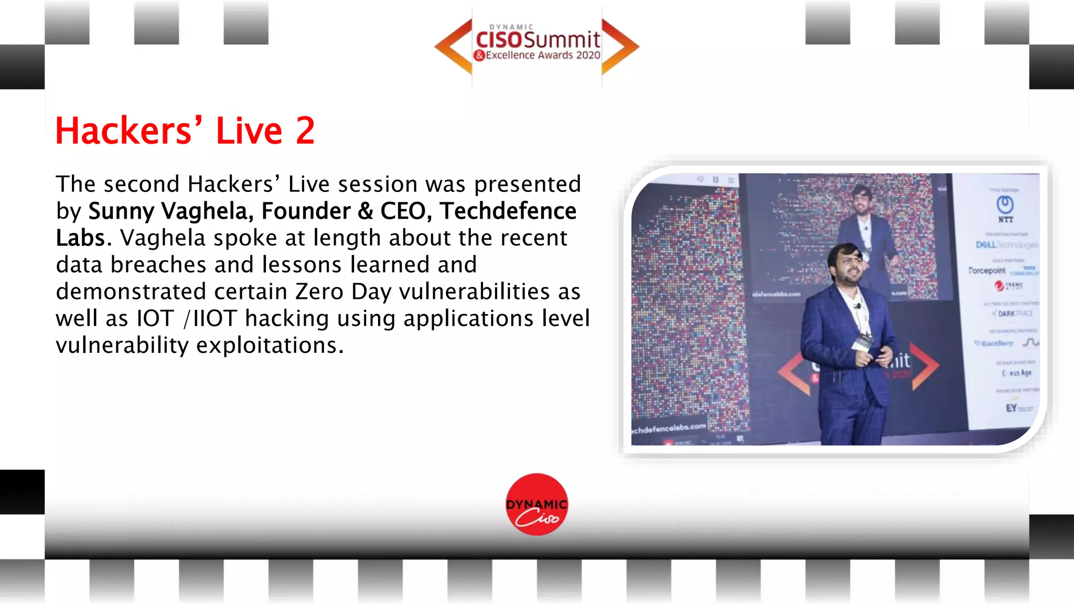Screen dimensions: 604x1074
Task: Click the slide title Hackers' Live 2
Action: [x=185, y=131]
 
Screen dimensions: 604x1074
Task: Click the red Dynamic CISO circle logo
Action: [x=536, y=504]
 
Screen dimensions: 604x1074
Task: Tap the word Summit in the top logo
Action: [x=562, y=40]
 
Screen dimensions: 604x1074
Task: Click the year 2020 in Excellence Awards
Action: [x=588, y=55]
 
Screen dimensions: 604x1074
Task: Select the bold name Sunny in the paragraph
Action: [x=121, y=211]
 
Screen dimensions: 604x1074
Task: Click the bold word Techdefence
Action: [x=508, y=211]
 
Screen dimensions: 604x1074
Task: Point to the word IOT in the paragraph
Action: [x=155, y=319]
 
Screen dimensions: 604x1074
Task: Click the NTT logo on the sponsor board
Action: [x=1005, y=208]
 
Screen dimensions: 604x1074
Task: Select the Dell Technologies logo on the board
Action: [x=1006, y=245]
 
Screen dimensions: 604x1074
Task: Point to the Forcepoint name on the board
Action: [x=987, y=271]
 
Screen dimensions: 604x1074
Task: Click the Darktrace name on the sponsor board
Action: [x=1014, y=314]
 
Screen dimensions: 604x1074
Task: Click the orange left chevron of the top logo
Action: [x=454, y=47]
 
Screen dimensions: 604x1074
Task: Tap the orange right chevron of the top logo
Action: [x=620, y=47]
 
